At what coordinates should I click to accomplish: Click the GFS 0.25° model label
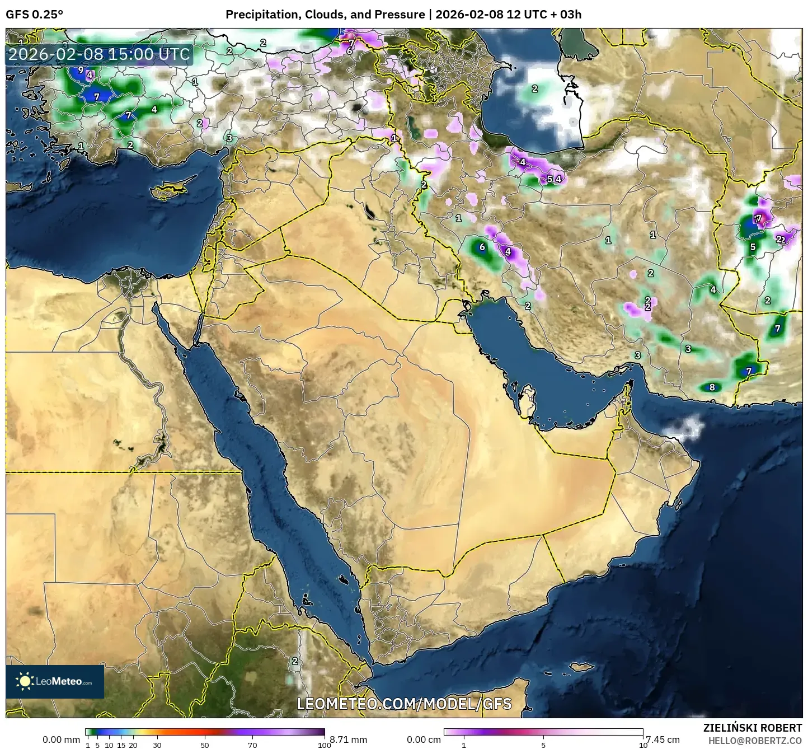pos(34,15)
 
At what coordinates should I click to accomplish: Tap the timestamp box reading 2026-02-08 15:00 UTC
pos(99,54)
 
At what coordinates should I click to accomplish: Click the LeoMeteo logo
pos(55,681)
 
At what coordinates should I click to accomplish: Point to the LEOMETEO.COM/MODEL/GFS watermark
pos(404,703)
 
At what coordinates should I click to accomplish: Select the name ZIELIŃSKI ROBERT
pos(753,728)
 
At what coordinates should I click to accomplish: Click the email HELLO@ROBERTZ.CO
pos(755,740)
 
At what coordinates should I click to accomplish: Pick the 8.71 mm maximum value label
pos(348,739)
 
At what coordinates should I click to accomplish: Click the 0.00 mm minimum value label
pos(62,739)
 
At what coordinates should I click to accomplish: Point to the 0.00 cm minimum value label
pos(424,739)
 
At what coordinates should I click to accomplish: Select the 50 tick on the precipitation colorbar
pos(205,745)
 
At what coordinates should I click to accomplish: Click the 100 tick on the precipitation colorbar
pos(324,745)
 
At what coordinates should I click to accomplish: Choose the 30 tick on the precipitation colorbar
pos(157,745)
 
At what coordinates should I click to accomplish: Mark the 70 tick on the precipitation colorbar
pos(252,745)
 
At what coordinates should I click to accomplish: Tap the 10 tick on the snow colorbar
pos(643,745)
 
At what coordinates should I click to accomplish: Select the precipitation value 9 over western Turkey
pos(81,70)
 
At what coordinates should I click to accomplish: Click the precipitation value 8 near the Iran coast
pos(712,387)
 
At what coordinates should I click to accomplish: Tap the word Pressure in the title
pos(400,15)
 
